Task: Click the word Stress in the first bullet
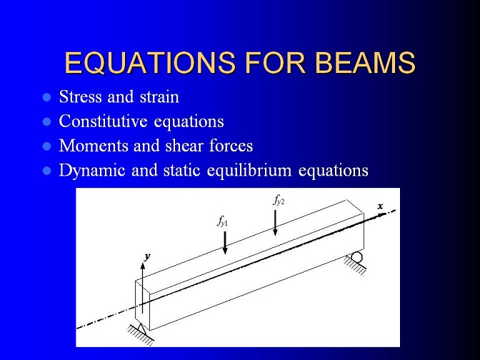point(80,96)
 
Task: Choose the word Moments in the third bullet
point(94,146)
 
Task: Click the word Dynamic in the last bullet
point(92,171)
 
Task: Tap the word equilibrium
point(249,171)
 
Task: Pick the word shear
point(184,146)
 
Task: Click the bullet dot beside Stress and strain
point(47,98)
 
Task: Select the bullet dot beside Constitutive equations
point(47,122)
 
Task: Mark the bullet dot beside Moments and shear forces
point(47,146)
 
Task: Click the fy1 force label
point(222,221)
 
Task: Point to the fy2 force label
point(279,201)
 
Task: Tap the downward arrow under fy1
point(225,243)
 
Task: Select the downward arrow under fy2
point(275,223)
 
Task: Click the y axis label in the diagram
point(148,256)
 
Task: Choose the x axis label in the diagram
point(380,206)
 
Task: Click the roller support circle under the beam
point(356,257)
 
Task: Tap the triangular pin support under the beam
point(141,329)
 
